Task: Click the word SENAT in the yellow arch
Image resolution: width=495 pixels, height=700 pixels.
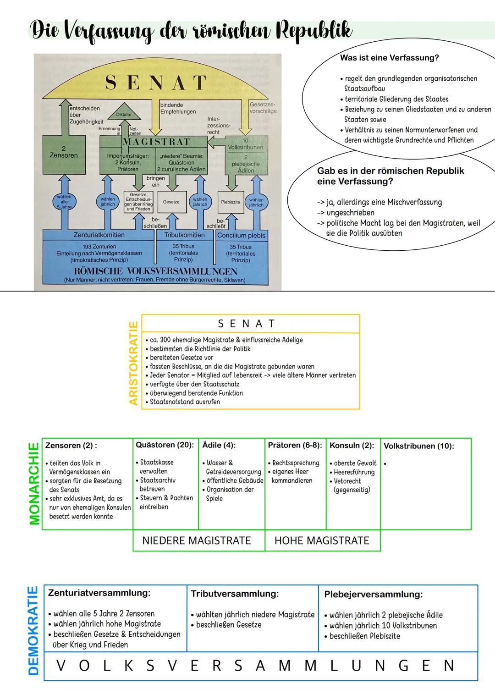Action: point(156,83)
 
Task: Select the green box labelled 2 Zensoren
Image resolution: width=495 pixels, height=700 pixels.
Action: point(64,154)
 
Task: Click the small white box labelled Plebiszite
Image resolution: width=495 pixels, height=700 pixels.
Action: point(231,202)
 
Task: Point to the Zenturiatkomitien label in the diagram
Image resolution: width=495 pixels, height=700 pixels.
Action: point(99,235)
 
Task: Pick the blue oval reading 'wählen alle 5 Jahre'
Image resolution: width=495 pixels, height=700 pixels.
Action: point(64,202)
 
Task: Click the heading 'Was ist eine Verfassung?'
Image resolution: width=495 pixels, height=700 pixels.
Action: point(389,58)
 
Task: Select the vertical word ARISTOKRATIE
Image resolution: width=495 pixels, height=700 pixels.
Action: point(134,363)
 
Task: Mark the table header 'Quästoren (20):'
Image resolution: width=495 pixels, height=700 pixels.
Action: point(165,445)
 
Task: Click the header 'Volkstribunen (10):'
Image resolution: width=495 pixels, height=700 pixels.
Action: point(418,446)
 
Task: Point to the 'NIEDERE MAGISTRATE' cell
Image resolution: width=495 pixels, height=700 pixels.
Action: point(197,541)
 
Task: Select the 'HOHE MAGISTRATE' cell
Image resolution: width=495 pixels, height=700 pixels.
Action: point(322,541)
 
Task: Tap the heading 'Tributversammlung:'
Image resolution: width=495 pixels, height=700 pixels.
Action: point(235,594)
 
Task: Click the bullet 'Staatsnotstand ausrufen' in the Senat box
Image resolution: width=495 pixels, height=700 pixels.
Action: point(185,402)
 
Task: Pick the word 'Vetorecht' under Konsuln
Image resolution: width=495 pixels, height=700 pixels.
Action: point(347,481)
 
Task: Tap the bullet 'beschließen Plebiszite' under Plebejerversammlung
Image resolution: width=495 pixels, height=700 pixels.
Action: point(364,636)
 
